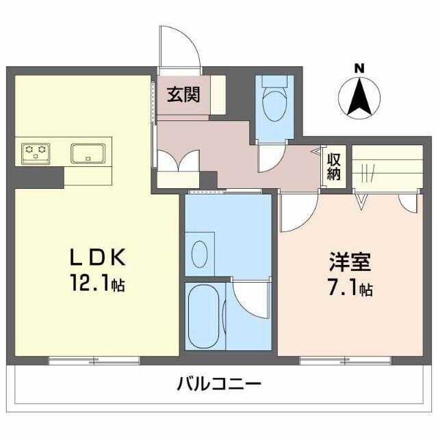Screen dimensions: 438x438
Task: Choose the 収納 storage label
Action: [x=333, y=166]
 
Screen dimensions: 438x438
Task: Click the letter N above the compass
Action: [x=359, y=68]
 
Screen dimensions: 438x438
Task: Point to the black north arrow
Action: [x=359, y=96]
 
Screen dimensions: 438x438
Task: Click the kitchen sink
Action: [x=88, y=152]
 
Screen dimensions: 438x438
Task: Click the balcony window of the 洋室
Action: [x=346, y=359]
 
